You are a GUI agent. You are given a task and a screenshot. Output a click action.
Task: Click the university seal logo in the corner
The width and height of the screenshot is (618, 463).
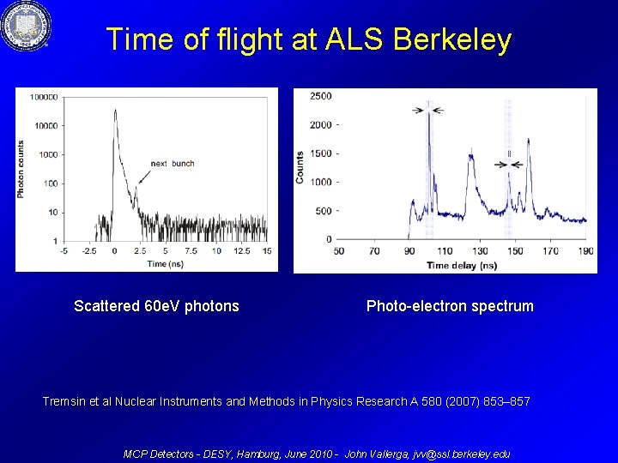[x=25, y=26]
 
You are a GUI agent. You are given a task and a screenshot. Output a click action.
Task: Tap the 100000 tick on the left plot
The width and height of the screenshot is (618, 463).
[x=44, y=97]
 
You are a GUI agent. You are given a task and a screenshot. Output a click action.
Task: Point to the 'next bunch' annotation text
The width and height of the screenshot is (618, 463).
[x=173, y=164]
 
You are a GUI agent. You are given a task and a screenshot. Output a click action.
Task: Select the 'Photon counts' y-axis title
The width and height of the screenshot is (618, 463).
[x=21, y=169]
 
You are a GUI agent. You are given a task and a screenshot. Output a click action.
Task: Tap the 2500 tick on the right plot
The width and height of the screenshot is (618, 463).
[x=321, y=96]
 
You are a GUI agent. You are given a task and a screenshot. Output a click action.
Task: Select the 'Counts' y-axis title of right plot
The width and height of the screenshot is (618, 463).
[x=300, y=167]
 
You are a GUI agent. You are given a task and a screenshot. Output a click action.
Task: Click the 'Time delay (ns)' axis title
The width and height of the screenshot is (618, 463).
[x=462, y=266]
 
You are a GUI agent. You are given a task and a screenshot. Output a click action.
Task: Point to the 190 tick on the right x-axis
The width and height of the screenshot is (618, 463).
[x=586, y=251]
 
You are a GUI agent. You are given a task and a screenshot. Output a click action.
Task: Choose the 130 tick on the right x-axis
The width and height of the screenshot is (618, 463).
[x=480, y=251]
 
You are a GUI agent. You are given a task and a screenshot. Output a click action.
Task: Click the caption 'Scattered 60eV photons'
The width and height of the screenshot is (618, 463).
[x=156, y=306]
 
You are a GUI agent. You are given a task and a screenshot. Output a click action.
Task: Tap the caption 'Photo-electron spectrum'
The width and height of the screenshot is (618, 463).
[x=450, y=306]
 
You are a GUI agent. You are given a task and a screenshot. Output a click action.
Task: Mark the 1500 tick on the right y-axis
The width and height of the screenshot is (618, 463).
[x=321, y=153]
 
